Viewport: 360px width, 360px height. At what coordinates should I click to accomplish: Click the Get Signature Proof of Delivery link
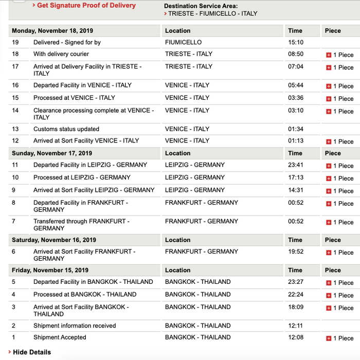pyautogui.click(x=86, y=6)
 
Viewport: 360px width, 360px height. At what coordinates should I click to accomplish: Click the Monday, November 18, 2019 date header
pyautogui.click(x=52, y=31)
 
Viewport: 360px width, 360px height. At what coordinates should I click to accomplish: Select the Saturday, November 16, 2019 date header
pyautogui.click(x=54, y=240)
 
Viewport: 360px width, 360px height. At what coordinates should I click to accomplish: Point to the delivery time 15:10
pyautogui.click(x=296, y=43)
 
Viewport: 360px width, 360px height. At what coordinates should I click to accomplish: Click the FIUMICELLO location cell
pyautogui.click(x=184, y=43)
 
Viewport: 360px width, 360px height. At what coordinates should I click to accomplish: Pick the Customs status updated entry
pyautogui.click(x=66, y=129)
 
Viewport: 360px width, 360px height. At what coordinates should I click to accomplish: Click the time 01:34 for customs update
pyautogui.click(x=296, y=129)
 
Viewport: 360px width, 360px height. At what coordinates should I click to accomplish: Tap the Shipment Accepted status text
pyautogui.click(x=60, y=338)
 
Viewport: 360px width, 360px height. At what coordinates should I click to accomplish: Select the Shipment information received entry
pyautogui.click(x=75, y=326)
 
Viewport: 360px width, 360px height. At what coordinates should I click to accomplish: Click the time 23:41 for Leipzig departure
pyautogui.click(x=296, y=165)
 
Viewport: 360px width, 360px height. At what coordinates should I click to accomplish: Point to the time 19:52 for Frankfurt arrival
pyautogui.click(x=296, y=252)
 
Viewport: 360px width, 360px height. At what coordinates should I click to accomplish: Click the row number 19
pyautogui.click(x=15, y=43)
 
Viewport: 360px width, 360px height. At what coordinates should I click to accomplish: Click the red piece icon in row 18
pyautogui.click(x=329, y=55)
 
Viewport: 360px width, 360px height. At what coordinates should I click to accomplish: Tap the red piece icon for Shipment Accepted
pyautogui.click(x=329, y=338)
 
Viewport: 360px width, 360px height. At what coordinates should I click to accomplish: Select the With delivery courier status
pyautogui.click(x=61, y=54)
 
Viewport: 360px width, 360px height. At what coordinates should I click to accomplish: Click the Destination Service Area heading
pyautogui.click(x=201, y=6)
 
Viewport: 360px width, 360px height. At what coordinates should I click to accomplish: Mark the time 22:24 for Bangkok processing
pyautogui.click(x=296, y=295)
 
